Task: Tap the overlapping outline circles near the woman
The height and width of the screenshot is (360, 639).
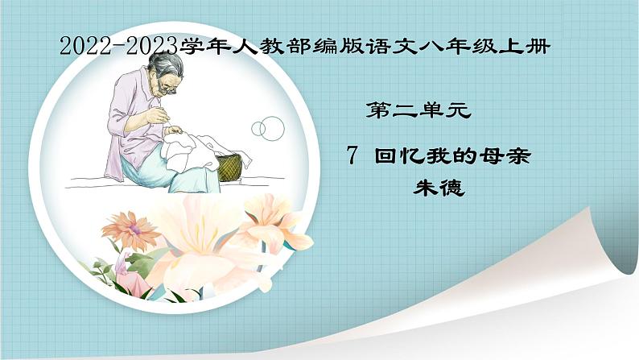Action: (x=268, y=126)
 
